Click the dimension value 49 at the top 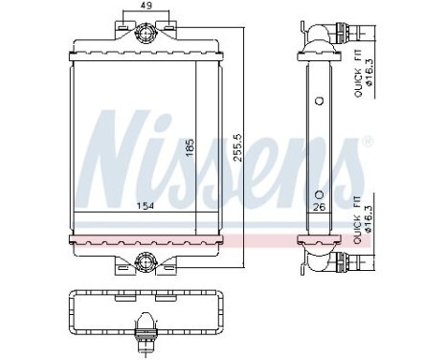(145, 8)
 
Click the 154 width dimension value (145, 205)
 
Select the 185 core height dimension (190, 148)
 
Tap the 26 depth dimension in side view (318, 204)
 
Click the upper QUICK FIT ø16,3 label (361, 76)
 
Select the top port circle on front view (145, 35)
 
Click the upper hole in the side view (318, 100)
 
